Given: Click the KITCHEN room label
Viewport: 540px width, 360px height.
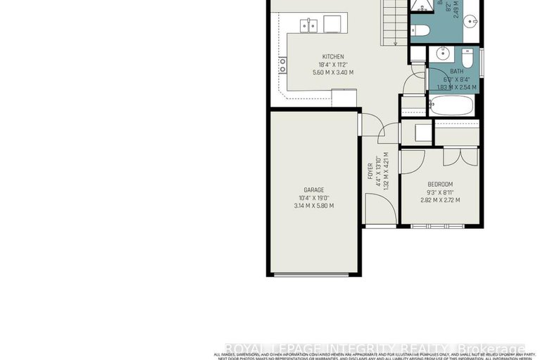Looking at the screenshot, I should tap(334, 57).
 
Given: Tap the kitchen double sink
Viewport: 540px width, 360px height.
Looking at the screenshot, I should tap(308, 25).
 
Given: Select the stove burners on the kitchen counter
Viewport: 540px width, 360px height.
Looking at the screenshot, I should tap(283, 66).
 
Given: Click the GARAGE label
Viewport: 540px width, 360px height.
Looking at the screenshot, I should tap(314, 190).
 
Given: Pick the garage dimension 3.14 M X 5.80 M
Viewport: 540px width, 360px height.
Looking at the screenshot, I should tap(314, 206).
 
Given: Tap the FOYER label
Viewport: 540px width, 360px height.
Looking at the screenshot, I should tap(370, 171).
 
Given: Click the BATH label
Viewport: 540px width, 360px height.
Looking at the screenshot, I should tap(457, 71).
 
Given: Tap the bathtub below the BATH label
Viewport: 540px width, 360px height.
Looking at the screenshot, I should tap(451, 106).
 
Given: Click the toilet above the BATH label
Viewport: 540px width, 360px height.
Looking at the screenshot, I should tap(467, 56).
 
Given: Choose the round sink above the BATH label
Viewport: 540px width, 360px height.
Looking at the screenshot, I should tap(444, 54).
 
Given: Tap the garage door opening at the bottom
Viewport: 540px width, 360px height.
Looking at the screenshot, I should tap(314, 274).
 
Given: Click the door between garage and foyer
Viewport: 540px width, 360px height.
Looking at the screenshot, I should tap(360, 125).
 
